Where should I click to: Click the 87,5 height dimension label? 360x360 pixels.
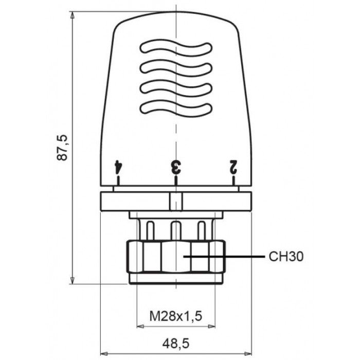[62, 148]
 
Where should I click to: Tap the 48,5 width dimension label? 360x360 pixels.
[176, 344]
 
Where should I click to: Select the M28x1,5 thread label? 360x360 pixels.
[176, 316]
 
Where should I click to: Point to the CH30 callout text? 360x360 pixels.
[286, 257]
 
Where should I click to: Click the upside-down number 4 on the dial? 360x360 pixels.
[118, 167]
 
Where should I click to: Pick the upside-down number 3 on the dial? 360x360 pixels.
[176, 167]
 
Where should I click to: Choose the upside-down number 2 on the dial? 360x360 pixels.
[233, 167]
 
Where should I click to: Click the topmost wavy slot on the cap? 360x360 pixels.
[176, 48]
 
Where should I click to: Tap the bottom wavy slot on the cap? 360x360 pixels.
[176, 109]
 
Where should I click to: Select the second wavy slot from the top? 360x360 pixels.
[176, 68]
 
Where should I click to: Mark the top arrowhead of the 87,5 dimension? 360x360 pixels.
[73, 15]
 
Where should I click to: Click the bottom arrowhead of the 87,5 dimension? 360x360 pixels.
[73, 280]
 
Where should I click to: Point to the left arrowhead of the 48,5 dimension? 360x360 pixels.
[104, 354]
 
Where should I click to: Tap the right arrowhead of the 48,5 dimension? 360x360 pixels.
[248, 354]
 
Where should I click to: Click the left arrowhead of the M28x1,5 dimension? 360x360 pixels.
[140, 326]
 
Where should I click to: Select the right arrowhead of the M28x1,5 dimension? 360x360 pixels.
[211, 326]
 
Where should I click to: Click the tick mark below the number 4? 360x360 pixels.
[118, 181]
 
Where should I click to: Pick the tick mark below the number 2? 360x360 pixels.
[233, 181]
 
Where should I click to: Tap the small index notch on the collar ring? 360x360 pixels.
[176, 202]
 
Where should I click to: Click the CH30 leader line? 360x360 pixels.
[224, 257]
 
